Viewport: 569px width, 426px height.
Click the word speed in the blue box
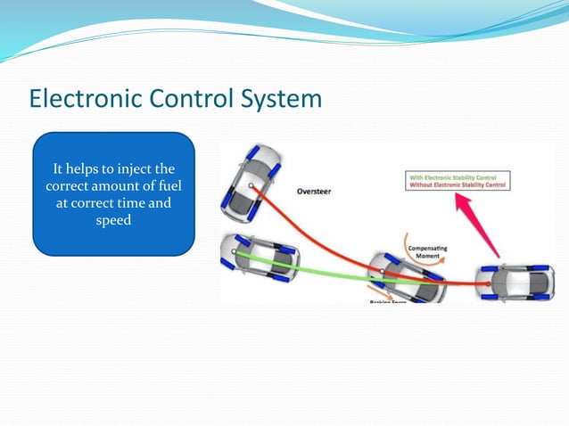click(x=113, y=220)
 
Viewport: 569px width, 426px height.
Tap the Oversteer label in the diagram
click(x=317, y=191)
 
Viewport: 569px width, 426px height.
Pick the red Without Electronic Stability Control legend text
click(x=457, y=184)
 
